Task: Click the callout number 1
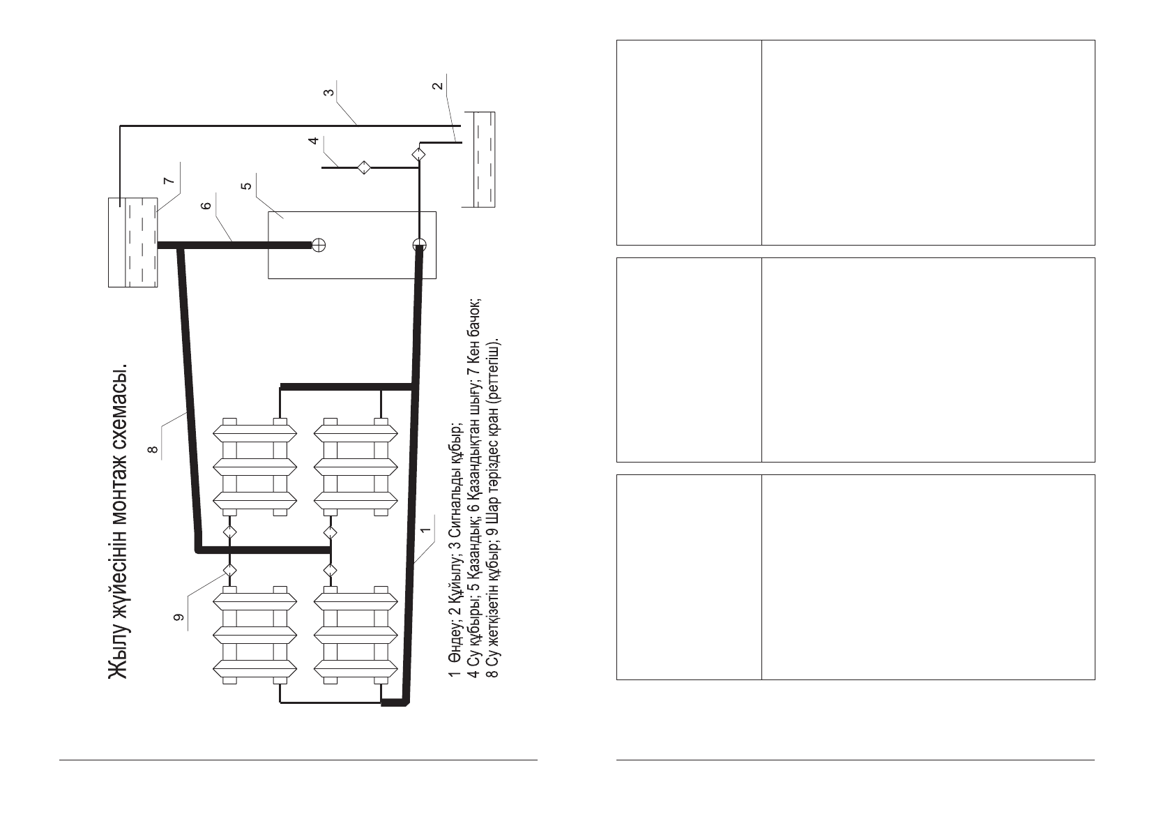pyautogui.click(x=425, y=530)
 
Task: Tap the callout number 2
pyautogui.click(x=437, y=86)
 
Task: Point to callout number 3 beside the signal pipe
pyautogui.click(x=328, y=93)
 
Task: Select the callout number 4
pyautogui.click(x=314, y=140)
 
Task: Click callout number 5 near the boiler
pyautogui.click(x=247, y=186)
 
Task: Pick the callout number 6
pyautogui.click(x=206, y=206)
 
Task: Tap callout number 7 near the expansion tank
pyautogui.click(x=169, y=181)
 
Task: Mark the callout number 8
pyautogui.click(x=153, y=449)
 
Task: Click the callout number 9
pyautogui.click(x=179, y=617)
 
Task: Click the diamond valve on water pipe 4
pyautogui.click(x=364, y=167)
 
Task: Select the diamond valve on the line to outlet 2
pyautogui.click(x=419, y=153)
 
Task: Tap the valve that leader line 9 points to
pyautogui.click(x=229, y=571)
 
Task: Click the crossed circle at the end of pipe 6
pyautogui.click(x=319, y=246)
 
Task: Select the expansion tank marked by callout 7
pyautogui.click(x=133, y=242)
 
